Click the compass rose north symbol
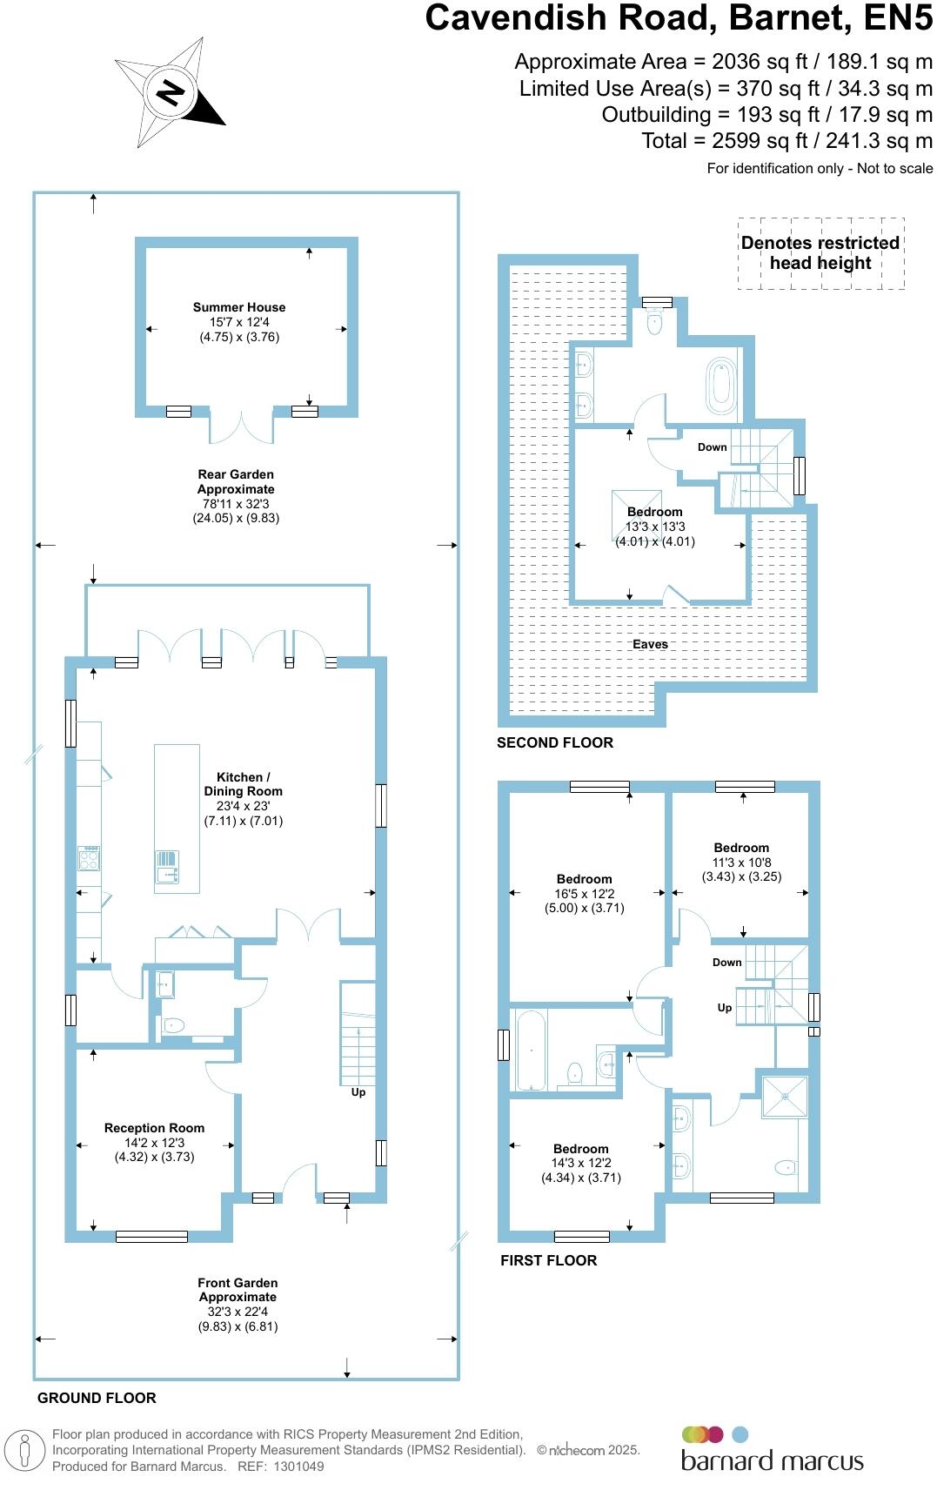coord(171,92)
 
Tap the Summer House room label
coord(239,307)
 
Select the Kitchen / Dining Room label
coord(243,784)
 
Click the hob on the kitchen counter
coord(89,859)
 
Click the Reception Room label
coord(154,1128)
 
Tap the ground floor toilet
coord(173,1025)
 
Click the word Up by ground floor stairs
coord(358,1092)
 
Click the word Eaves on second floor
coord(650,644)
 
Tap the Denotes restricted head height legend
coord(820,253)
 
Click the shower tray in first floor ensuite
coord(785,1097)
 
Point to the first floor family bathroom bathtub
coord(530,1050)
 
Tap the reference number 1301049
coord(298,1467)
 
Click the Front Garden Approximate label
coord(238,1290)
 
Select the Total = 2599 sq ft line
coord(786,141)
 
